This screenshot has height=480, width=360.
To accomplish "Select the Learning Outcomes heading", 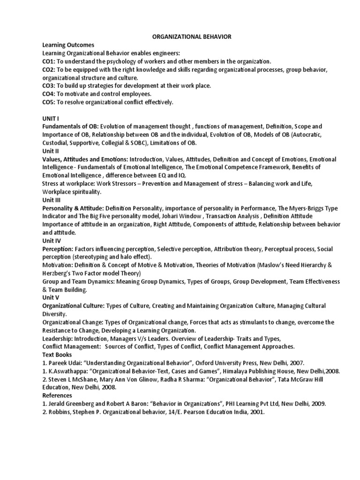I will point(68,45).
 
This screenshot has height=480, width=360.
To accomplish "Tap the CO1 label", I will point(49,61).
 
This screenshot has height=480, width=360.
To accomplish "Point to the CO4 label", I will point(49,94).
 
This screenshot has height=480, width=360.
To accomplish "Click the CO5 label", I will point(49,102).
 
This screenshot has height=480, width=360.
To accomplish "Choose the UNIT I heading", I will point(51,118).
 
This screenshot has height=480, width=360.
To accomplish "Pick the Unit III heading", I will point(52,200).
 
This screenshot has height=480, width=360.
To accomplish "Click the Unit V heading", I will point(51,298).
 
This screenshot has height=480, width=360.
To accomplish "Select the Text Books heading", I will point(59,355).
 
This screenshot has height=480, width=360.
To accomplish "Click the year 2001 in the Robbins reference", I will point(257,412).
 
